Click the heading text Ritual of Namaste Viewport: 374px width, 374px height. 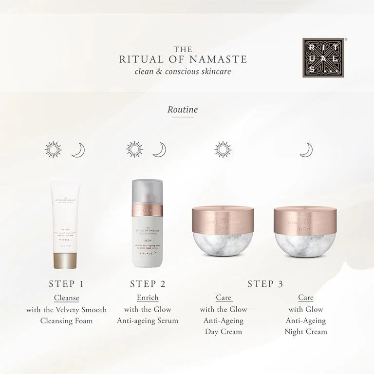click(183, 59)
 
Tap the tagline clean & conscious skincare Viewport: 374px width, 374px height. click(183, 72)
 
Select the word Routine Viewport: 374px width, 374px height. click(183, 110)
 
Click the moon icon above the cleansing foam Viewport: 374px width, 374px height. click(78, 150)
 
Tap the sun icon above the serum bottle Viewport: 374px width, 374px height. click(134, 150)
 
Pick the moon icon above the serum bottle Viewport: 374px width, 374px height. click(159, 150)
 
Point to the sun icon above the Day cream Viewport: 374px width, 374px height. click(223, 150)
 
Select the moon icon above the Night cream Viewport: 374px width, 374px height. click(306, 150)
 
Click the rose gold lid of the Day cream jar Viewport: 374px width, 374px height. click(224, 219)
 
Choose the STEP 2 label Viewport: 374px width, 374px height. click(151, 284)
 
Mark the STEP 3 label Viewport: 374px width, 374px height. click(265, 284)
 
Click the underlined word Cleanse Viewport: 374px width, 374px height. click(66, 298)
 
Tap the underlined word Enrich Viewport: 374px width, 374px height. click(148, 298)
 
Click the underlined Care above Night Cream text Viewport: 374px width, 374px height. click(306, 298)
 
